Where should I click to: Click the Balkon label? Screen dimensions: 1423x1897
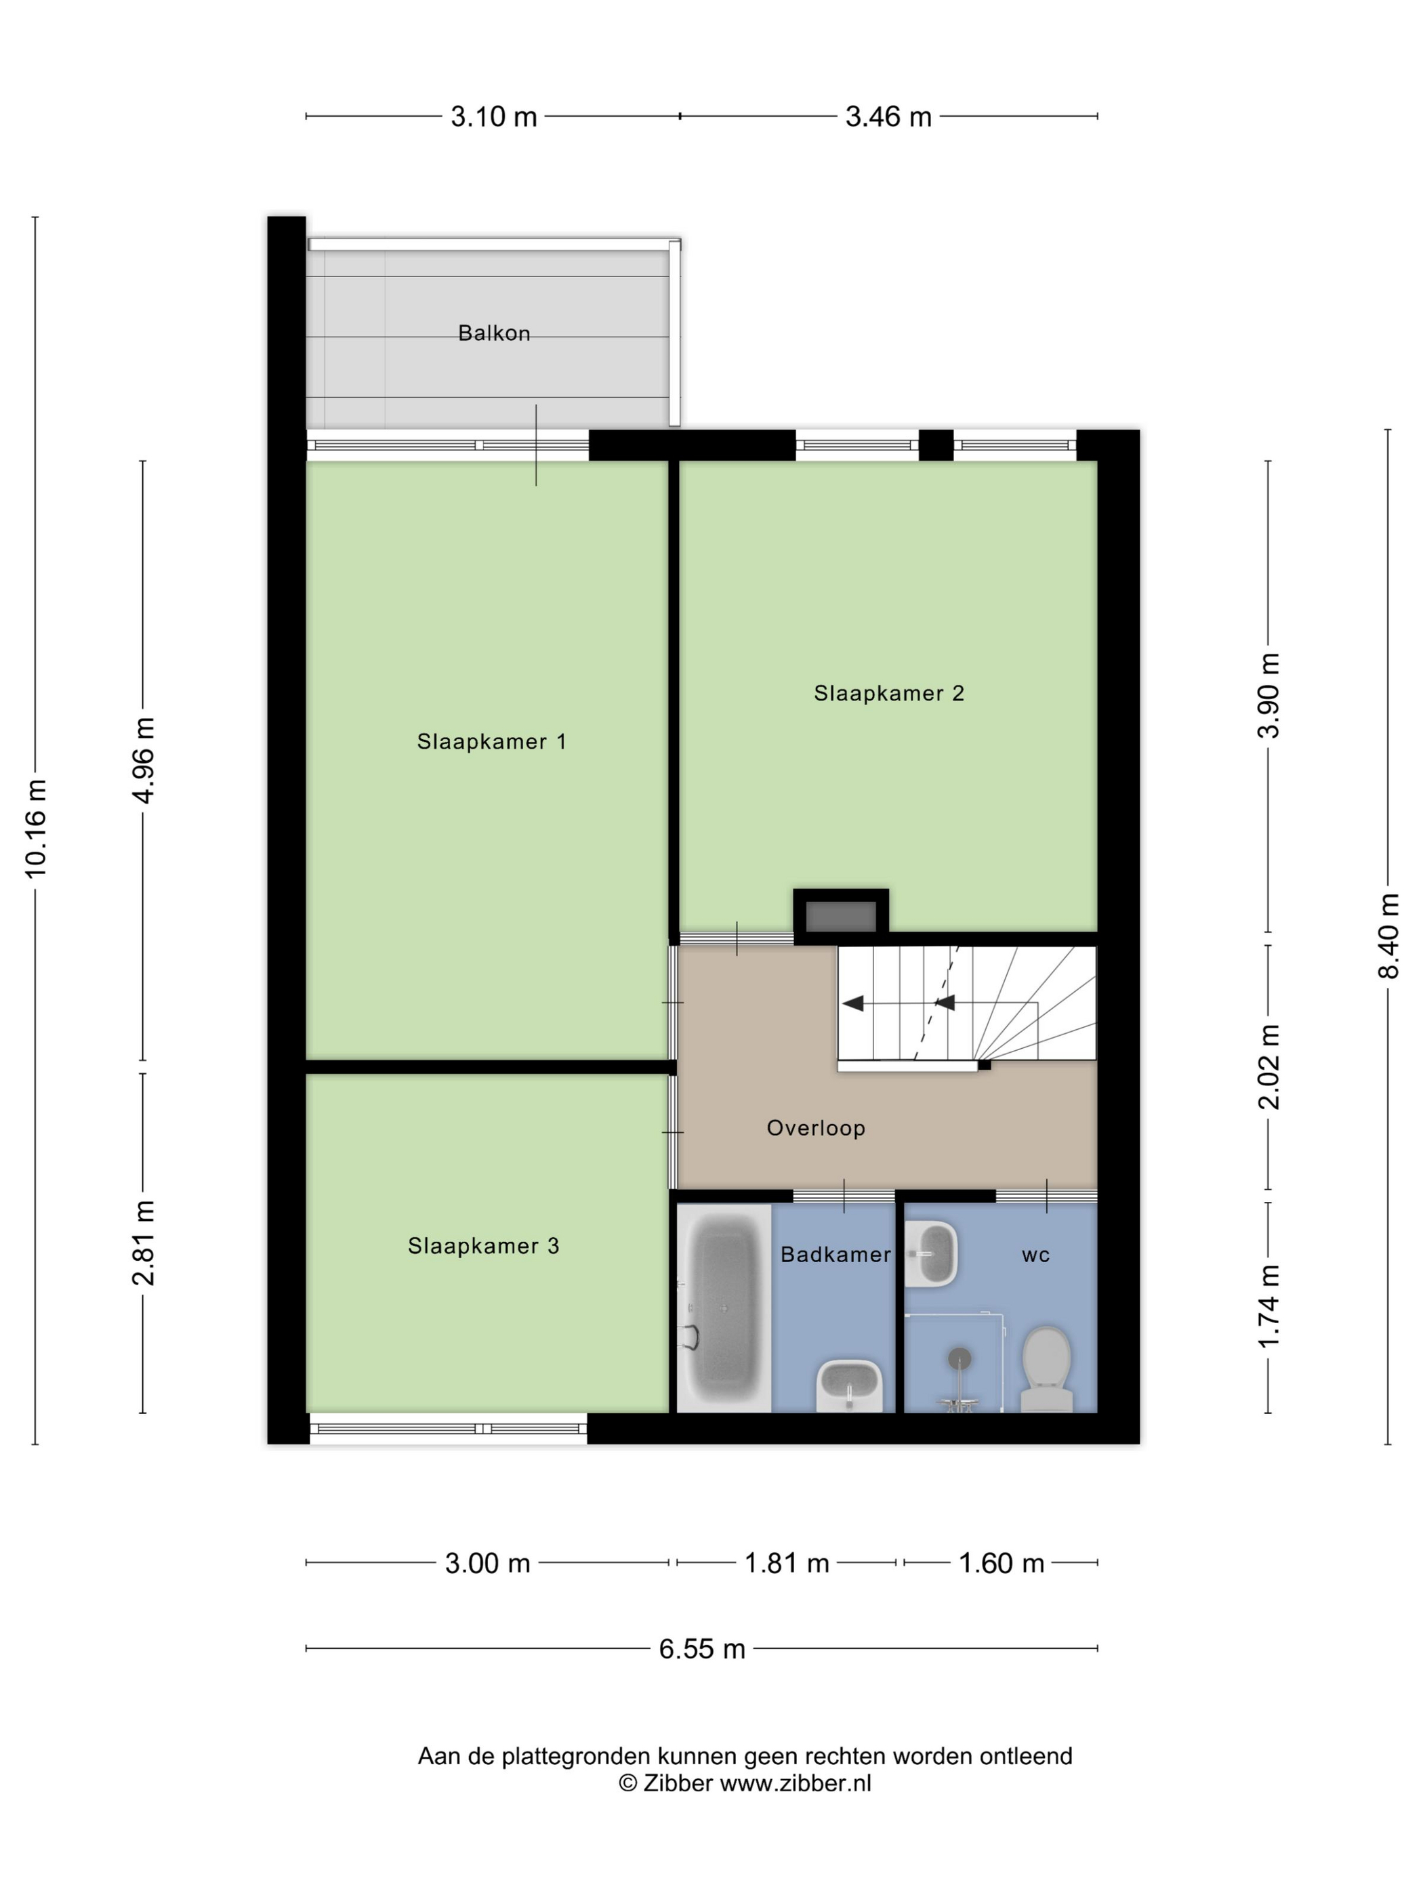494,333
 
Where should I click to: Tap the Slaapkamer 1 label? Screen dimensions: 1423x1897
491,741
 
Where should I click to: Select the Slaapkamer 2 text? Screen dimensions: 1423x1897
888,693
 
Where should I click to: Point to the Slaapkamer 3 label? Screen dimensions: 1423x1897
483,1245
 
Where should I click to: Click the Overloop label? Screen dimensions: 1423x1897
816,1128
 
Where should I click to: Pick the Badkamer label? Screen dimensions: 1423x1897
836,1255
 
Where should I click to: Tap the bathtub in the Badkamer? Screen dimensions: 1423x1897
724,1307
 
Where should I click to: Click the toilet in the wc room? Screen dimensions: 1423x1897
1046,1369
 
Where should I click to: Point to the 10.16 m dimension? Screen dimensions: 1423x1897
36,829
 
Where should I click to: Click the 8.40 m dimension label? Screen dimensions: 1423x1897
1388,935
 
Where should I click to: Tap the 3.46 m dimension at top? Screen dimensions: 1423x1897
888,116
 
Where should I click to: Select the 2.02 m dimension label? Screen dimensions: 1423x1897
1269,1067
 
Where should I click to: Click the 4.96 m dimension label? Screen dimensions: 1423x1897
143,761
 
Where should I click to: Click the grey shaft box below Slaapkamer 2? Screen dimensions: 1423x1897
841,916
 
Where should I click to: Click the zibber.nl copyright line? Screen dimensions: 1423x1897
745,1783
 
